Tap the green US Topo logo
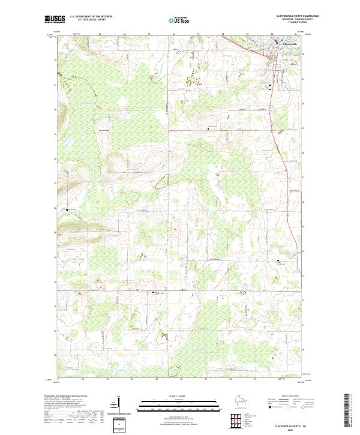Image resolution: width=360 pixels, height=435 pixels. [x=178, y=19]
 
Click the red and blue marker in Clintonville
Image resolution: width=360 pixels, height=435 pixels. [x=277, y=42]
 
